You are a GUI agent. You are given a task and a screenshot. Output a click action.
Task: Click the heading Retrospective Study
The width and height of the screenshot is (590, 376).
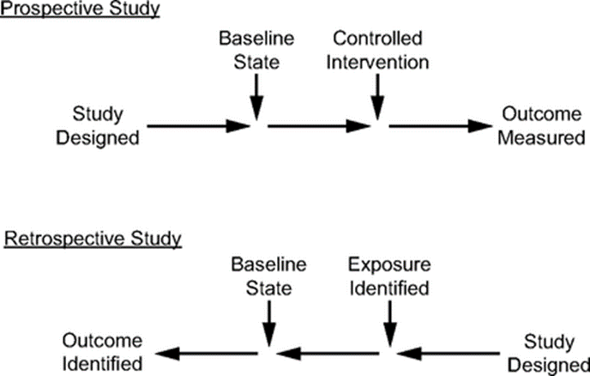93,239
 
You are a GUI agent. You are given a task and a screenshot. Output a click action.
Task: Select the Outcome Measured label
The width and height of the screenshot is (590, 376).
542,125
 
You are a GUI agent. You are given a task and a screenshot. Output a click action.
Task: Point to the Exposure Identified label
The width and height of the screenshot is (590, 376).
390,276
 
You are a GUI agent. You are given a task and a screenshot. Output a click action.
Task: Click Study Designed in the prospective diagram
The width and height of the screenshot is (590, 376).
98,125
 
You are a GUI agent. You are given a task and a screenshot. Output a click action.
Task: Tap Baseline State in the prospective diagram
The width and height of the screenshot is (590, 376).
256,51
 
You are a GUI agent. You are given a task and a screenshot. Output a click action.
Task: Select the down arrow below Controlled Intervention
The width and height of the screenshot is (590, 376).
376,96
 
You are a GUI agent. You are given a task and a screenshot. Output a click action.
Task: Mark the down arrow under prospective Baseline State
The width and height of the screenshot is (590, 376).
256,96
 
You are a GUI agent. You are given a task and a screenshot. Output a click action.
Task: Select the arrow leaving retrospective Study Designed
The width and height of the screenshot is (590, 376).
451,352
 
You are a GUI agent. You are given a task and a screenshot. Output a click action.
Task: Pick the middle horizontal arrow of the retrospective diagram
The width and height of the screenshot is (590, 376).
329,352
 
